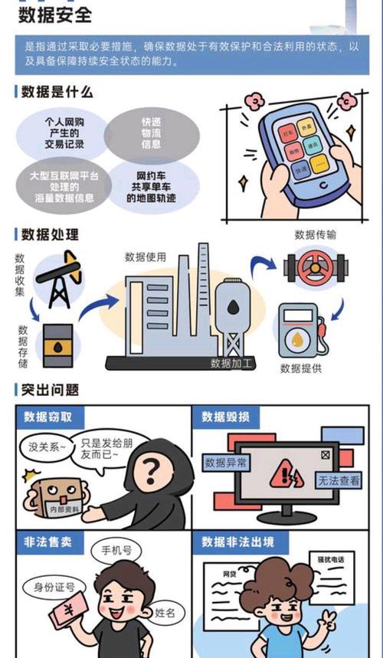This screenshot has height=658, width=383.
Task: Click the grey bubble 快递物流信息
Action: [x=150, y=133]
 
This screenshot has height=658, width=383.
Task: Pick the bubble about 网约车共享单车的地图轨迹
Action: [x=151, y=186]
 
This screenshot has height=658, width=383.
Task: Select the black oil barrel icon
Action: [x=58, y=345]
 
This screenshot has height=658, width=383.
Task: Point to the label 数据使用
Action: [x=146, y=257]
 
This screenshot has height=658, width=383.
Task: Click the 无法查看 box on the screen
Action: [x=338, y=481]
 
